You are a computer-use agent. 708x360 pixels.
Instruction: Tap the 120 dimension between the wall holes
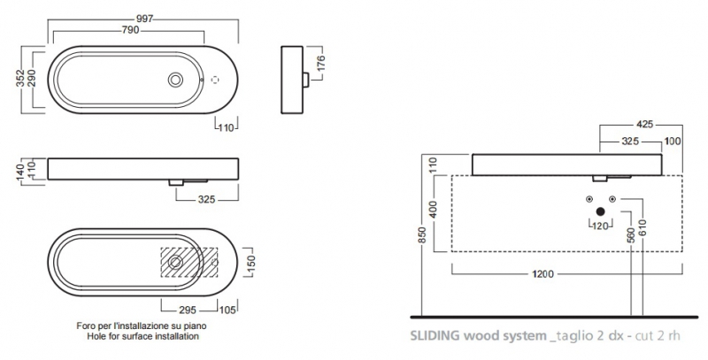(x=601, y=226)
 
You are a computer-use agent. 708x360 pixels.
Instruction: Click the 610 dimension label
(x=643, y=232)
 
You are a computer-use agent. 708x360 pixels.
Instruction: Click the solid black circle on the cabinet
(x=601, y=211)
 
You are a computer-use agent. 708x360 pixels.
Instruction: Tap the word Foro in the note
(x=86, y=326)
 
